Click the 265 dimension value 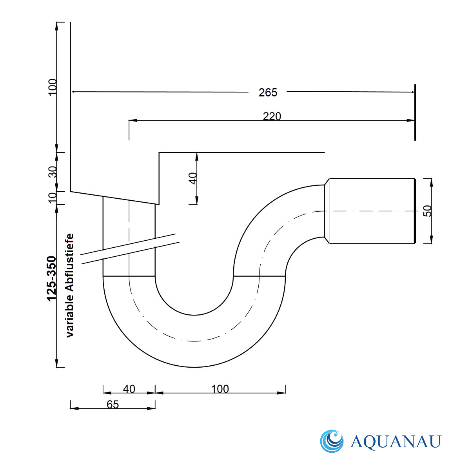click(x=268, y=93)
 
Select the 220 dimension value click(x=272, y=116)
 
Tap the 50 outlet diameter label click(x=428, y=211)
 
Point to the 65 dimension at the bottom click(x=113, y=405)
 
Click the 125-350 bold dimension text click(x=51, y=278)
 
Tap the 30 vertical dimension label click(x=53, y=172)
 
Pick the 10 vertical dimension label click(x=53, y=198)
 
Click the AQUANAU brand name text click(x=396, y=442)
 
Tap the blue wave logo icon click(x=331, y=441)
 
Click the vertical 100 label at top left click(x=53, y=87)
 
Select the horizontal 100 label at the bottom click(x=220, y=389)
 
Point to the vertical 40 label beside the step click(x=193, y=178)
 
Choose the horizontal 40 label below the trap click(x=129, y=389)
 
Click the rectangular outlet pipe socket click(x=372, y=211)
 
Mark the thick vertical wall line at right click(x=415, y=112)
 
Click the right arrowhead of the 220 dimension click(x=411, y=121)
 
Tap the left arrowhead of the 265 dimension click(x=75, y=92)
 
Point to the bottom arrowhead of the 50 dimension click(x=431, y=239)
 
